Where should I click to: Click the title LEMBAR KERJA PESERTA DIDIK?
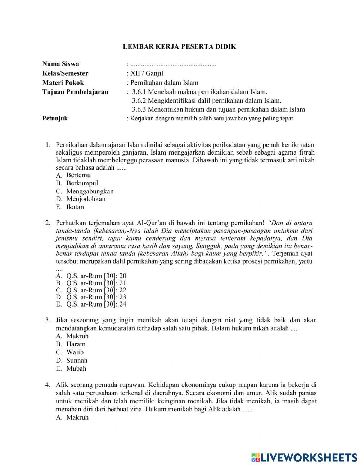pos(180,46)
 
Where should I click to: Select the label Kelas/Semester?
pos(65,73)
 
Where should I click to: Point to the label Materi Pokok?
pos(63,82)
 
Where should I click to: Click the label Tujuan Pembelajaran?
pos(75,92)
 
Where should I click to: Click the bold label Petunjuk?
pos(55,119)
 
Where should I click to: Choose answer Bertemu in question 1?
pos(78,175)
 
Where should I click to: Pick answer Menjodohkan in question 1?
pos(86,199)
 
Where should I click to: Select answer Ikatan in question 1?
pos(75,207)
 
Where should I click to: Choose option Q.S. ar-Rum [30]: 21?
pos(96,283)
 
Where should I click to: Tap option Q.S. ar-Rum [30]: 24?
pos(96,304)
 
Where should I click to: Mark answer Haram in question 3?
pos(76,344)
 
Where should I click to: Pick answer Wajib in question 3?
pos(75,352)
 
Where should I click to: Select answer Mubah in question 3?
pos(76,368)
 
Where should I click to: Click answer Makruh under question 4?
pos(77,417)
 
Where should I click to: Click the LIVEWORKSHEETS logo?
pos(304,457)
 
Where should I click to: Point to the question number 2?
pos(48,223)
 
